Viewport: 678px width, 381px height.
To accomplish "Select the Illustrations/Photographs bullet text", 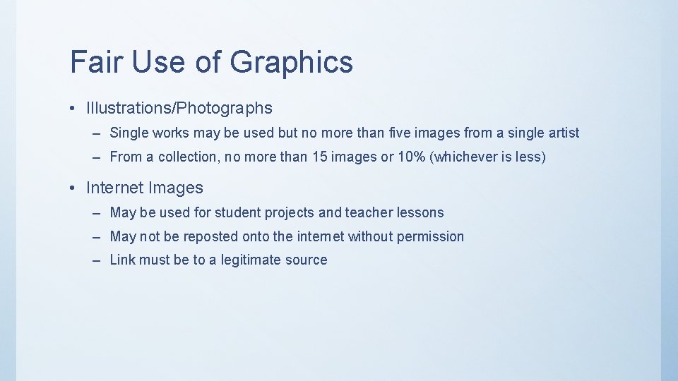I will pos(179,108).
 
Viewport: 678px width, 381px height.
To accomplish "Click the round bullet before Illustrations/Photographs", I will pos(73,109).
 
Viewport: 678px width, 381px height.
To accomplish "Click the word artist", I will pos(562,133).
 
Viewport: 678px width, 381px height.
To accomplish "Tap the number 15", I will pos(319,157).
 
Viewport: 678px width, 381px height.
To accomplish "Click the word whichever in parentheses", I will pos(465,157).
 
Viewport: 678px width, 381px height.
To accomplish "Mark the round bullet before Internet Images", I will pos(73,188).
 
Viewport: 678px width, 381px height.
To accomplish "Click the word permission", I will pos(430,236).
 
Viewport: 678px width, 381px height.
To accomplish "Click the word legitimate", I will pos(251,260).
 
